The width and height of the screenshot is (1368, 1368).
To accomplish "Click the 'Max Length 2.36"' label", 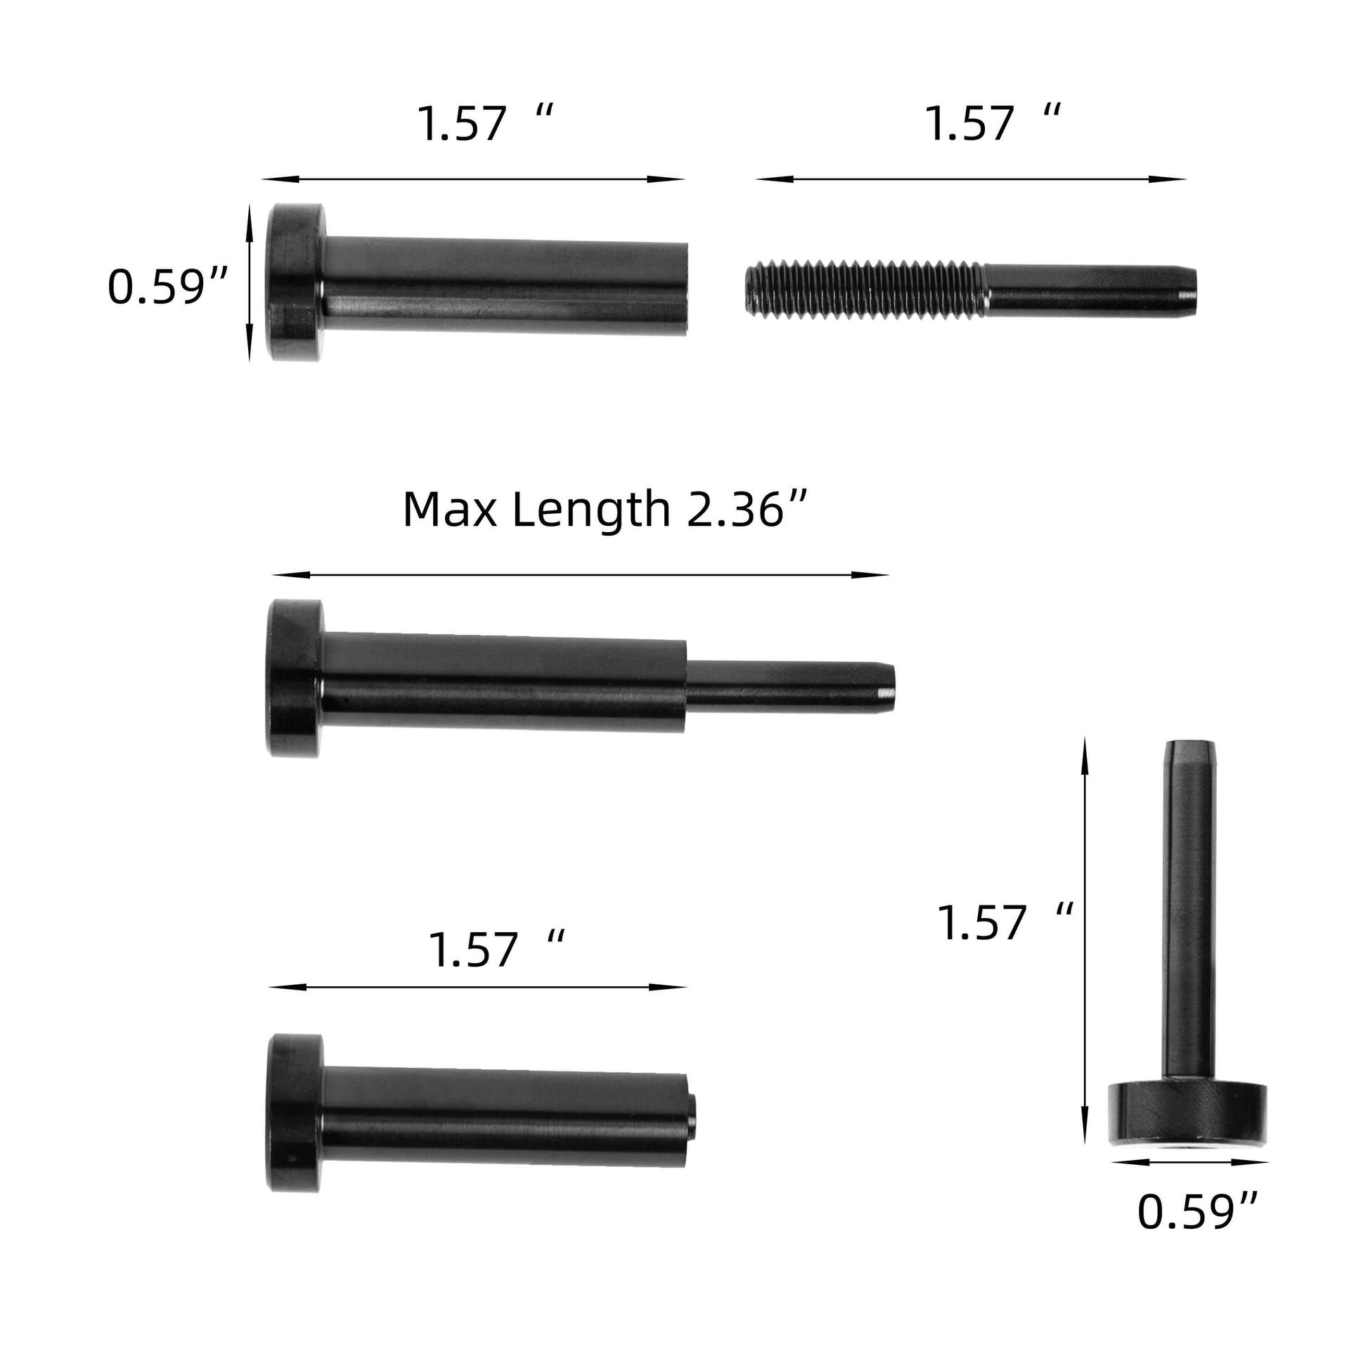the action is point(605,509).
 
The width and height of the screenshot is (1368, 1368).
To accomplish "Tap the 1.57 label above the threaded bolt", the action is point(993,123).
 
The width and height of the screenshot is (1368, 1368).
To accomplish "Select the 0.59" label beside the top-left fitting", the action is point(168,287).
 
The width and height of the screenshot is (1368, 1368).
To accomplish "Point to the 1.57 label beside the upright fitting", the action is point(1005,922).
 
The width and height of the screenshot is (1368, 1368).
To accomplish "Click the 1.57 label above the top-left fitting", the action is point(485,123).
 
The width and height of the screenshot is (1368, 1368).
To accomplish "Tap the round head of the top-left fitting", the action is point(295,283).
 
